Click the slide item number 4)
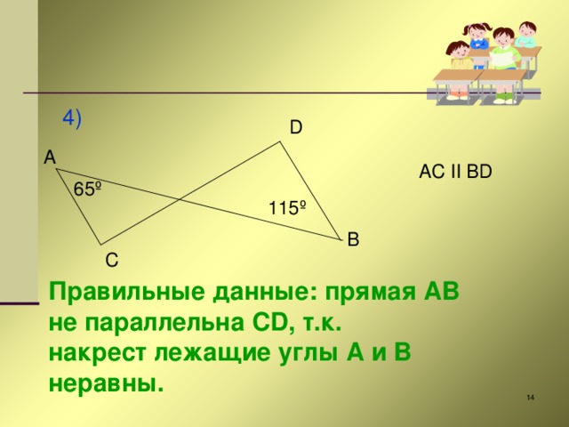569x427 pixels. pos(72,119)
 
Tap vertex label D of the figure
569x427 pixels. pos(295,127)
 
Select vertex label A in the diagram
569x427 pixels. pos(49,157)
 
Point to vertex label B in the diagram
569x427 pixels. pos(353,239)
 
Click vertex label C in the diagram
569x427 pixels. pos(110,261)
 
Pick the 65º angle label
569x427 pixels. pos(87,189)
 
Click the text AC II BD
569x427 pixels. pos(455,172)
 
